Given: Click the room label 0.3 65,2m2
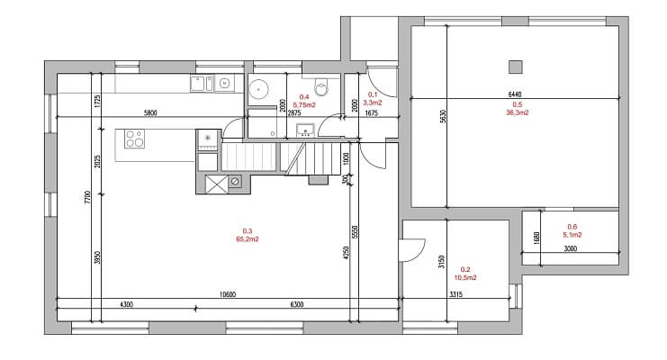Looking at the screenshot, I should tap(247, 235).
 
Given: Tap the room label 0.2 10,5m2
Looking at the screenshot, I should tap(465, 274).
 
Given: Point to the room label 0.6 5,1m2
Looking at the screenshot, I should tap(572, 230).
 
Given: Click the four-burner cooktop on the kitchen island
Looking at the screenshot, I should tap(134, 139).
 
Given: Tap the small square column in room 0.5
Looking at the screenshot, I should tap(515, 66).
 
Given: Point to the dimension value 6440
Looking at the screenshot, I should tap(515, 94).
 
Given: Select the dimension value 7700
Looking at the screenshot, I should tap(88, 198).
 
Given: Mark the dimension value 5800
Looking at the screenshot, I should tap(151, 113).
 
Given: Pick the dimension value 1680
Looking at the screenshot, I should tap(536, 238).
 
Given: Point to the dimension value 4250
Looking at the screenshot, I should tap(344, 255).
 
